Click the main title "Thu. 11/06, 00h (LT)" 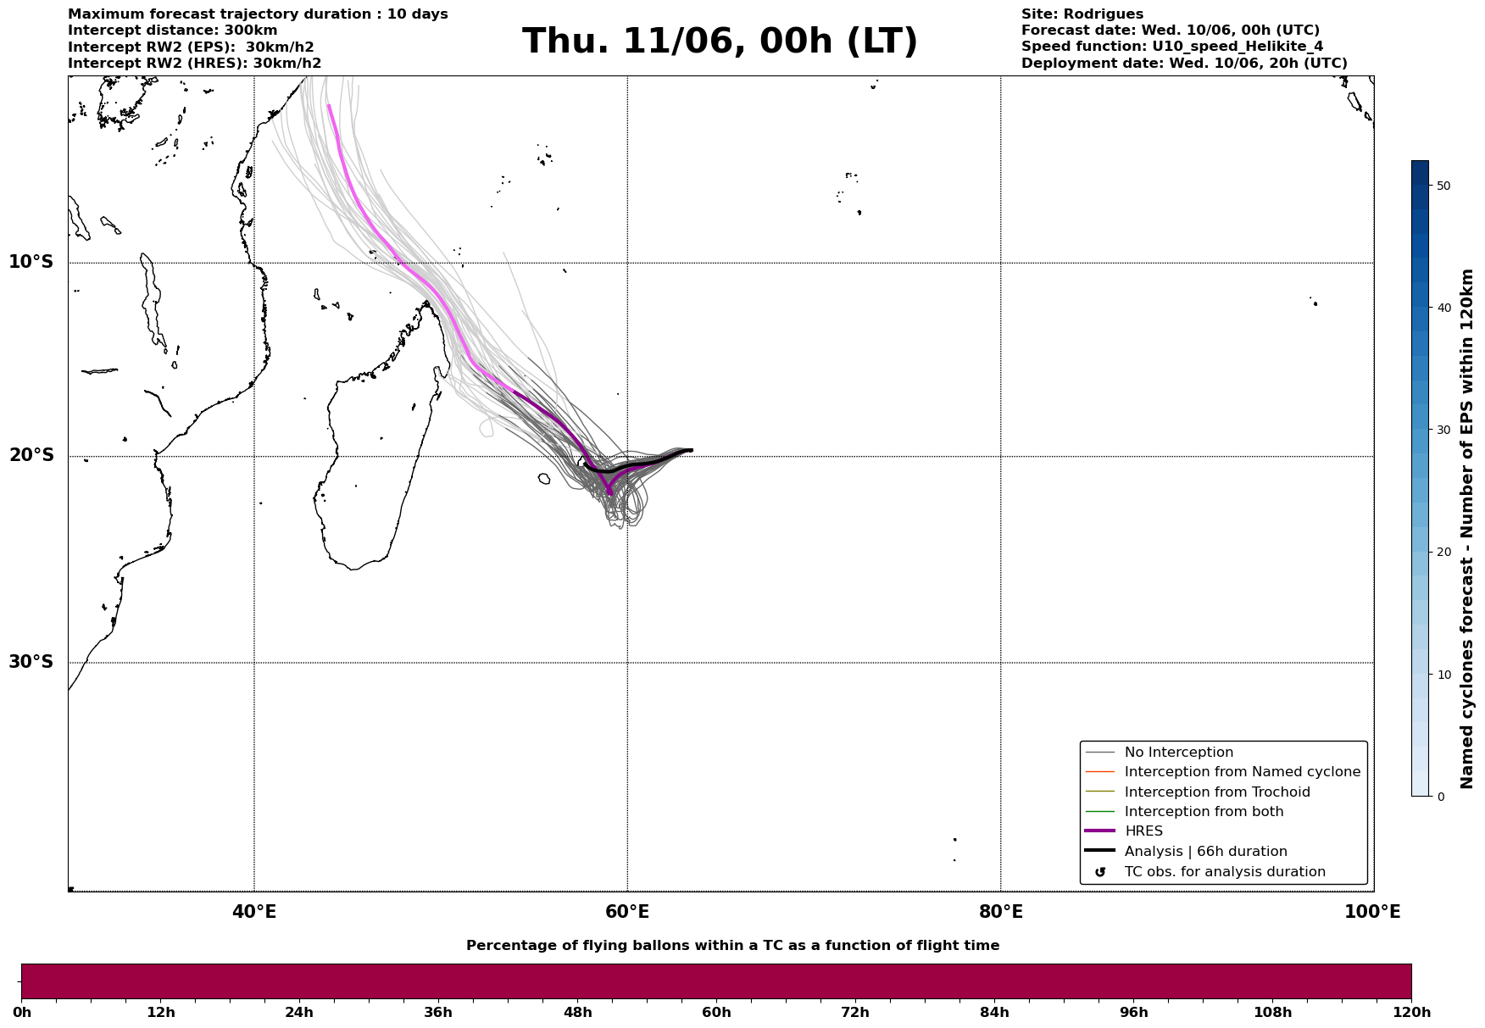point(720,42)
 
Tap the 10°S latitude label point(31,262)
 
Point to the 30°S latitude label point(31,662)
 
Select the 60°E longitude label point(627,912)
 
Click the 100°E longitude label point(1372,912)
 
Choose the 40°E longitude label point(254,912)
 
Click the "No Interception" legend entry point(1179,753)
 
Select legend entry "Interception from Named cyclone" point(1243,772)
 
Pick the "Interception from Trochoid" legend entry point(1217,792)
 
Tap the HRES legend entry point(1143,831)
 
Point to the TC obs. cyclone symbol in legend point(1100,872)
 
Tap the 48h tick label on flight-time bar point(578,1013)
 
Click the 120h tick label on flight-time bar point(1410,1013)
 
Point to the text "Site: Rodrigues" point(1082,14)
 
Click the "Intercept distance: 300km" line point(173,31)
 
